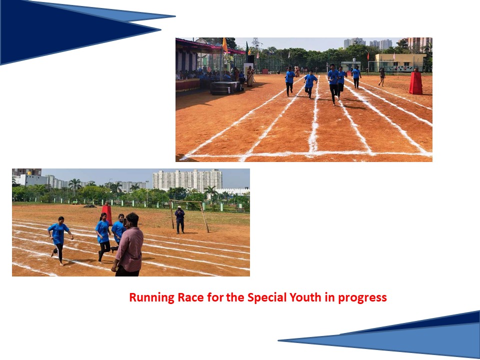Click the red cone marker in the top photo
click(x=416, y=81)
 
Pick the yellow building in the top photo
click(x=400, y=62)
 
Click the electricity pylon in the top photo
click(x=255, y=43)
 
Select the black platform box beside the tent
click(x=225, y=88)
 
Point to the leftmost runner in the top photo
click(x=289, y=81)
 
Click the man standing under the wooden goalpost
click(x=179, y=220)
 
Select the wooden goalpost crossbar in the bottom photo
click(x=186, y=201)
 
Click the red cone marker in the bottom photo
click(x=107, y=214)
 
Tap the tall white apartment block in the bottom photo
click(x=187, y=180)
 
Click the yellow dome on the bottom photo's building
click(x=29, y=173)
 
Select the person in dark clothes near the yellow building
click(x=381, y=77)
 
